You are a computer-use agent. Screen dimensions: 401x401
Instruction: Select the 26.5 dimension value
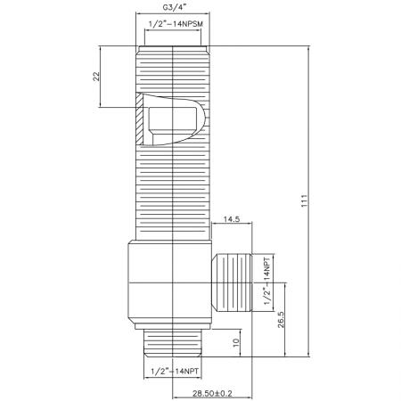(x=282, y=320)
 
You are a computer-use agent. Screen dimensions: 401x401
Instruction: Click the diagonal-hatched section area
(x=139, y=125)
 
